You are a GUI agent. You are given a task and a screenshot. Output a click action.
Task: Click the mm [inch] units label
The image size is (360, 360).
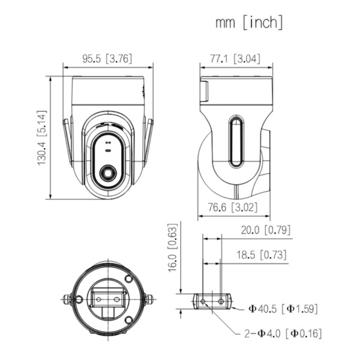(248, 23)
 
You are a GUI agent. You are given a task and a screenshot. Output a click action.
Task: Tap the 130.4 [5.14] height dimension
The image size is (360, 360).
(42, 138)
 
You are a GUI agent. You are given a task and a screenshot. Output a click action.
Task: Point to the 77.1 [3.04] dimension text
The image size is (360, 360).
(234, 59)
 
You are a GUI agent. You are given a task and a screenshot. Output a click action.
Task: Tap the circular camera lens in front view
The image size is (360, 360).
(108, 173)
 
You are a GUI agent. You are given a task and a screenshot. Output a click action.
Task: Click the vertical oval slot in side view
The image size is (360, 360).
(235, 142)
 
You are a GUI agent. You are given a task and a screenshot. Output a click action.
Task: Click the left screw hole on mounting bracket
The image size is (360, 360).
(203, 300)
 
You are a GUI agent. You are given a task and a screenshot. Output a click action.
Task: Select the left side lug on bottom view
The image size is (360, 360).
(70, 298)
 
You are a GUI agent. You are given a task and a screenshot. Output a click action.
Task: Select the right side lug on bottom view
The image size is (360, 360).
(147, 298)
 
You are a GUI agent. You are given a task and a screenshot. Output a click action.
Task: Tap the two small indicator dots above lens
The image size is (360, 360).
(108, 143)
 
